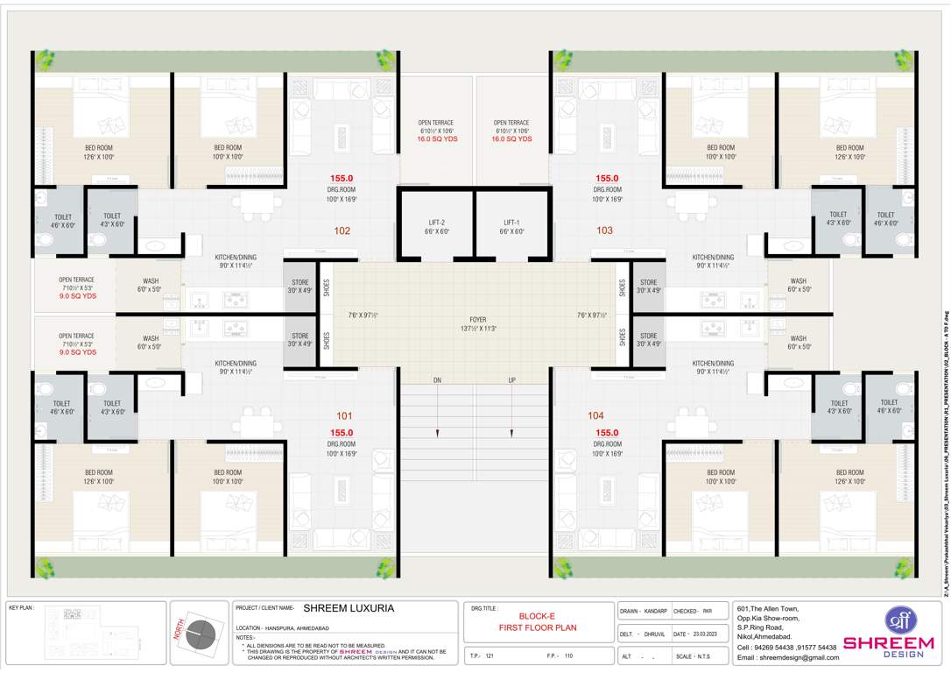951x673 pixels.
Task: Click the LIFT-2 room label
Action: tap(435, 222)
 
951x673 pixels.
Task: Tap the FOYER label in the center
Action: tap(477, 320)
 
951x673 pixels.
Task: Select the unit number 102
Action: tap(342, 231)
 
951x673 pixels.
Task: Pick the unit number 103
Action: tap(604, 231)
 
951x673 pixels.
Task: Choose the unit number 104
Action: tap(595, 415)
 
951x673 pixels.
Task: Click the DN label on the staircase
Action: tap(437, 380)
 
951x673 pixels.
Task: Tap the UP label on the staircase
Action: tap(511, 380)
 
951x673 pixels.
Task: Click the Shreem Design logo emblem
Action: tap(899, 620)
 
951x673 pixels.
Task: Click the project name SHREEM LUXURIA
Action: tap(349, 607)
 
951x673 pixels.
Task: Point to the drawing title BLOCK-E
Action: tap(538, 616)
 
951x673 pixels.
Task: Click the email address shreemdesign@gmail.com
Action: tap(787, 657)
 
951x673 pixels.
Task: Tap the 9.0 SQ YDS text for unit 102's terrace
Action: tap(78, 296)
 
